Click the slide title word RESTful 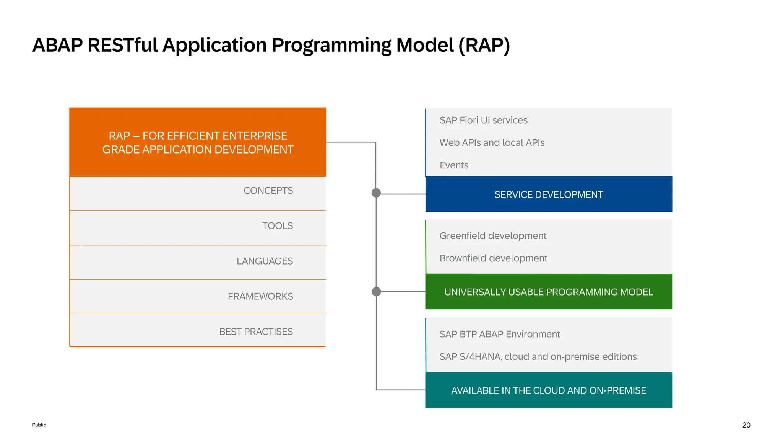click(122, 45)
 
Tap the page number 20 click(746, 425)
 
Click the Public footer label click(39, 425)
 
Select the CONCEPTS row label click(268, 191)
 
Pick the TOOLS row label click(277, 226)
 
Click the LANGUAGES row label click(265, 261)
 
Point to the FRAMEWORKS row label click(260, 296)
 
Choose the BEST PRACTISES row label click(256, 332)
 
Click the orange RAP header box click(198, 142)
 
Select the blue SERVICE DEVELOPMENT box click(548, 194)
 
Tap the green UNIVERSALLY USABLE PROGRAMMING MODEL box click(548, 292)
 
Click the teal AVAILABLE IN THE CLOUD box click(548, 390)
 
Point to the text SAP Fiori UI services click(483, 120)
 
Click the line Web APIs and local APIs click(492, 143)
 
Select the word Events click(454, 165)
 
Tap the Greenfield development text click(493, 236)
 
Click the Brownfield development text click(493, 258)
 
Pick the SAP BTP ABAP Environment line click(499, 334)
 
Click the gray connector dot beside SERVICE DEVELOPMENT click(376, 193)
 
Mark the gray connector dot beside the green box click(376, 292)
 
